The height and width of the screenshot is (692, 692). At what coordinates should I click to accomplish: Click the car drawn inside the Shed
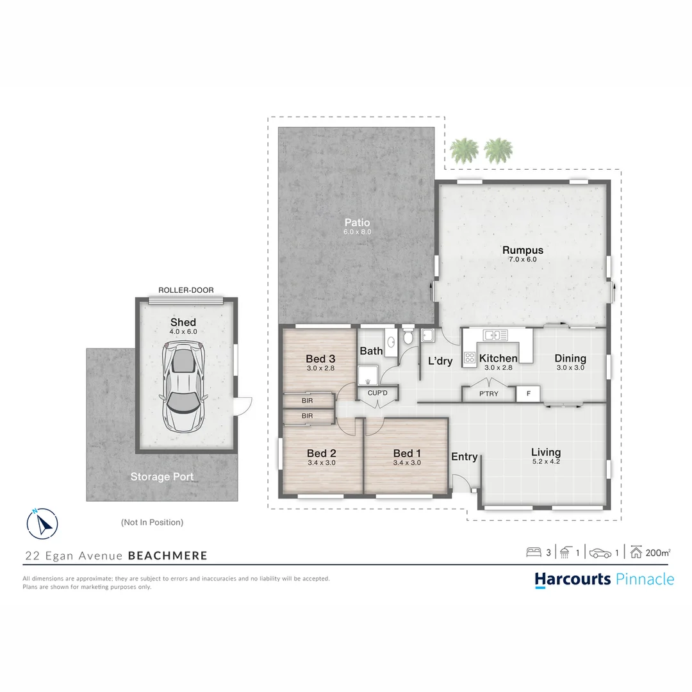point(183,388)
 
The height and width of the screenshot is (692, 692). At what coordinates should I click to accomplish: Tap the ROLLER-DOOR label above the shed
point(186,290)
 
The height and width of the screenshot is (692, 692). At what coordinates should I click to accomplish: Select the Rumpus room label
point(522,251)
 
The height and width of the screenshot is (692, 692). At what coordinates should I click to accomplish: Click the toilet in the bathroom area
point(408,339)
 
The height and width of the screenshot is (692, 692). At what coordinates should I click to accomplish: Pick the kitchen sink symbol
point(495,335)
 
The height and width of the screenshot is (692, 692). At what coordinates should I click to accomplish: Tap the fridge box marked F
point(528,393)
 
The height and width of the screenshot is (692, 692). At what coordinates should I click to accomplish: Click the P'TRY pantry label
point(489,394)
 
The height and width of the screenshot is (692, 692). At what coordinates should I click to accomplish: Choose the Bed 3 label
point(320,359)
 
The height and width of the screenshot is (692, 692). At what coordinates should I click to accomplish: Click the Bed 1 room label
point(407,454)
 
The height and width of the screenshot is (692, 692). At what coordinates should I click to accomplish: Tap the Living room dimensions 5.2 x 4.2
point(546,462)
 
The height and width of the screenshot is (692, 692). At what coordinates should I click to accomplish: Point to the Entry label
point(465,457)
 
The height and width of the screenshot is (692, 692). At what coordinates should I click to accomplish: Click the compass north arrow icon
point(42,523)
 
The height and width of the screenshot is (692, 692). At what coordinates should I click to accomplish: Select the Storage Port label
point(162,477)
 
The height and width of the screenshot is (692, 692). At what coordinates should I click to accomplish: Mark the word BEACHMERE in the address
point(168,556)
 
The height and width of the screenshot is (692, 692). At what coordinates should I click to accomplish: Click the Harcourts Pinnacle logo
point(604,579)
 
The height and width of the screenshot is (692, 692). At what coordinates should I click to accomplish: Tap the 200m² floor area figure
point(658,552)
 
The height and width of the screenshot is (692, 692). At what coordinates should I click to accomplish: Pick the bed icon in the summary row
point(533,552)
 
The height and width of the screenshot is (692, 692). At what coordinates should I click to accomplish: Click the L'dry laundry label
point(440,361)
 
